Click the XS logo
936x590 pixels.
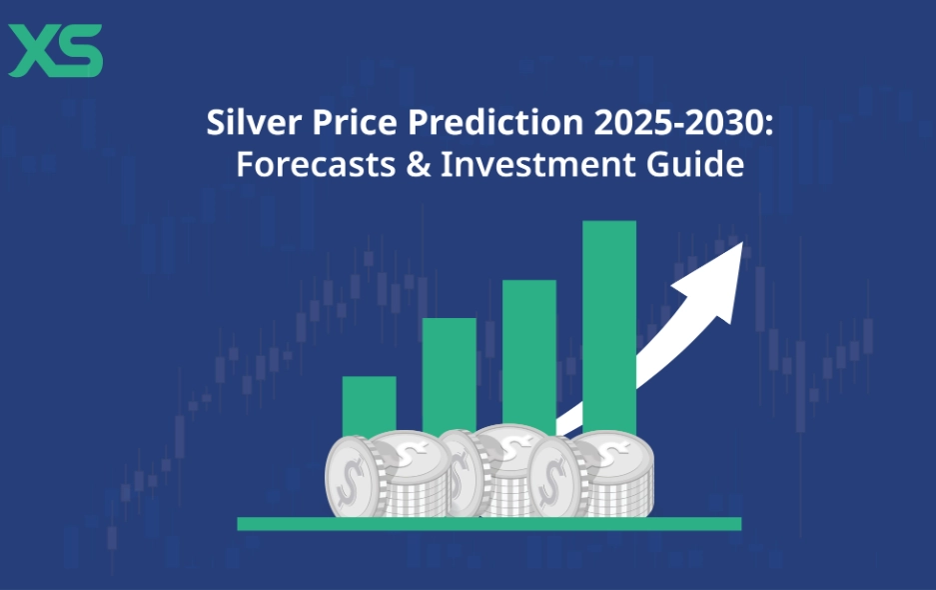pyautogui.click(x=55, y=51)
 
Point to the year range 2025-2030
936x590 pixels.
pyautogui.click(x=648, y=124)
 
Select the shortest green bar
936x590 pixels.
pyautogui.click(x=369, y=405)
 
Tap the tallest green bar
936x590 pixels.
pyautogui.click(x=608, y=320)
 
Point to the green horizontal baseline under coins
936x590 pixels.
pyautogui.click(x=488, y=523)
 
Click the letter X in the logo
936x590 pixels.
pyautogui.click(x=30, y=51)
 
